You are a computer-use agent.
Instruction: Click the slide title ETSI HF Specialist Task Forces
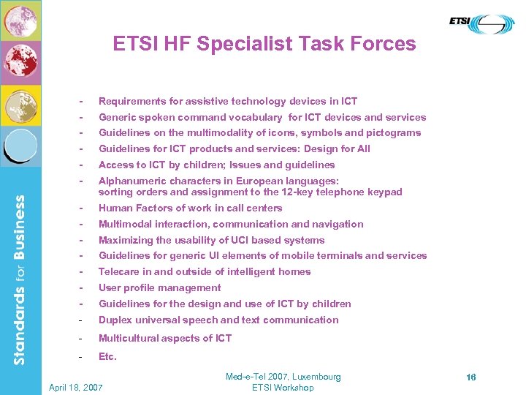[264, 45]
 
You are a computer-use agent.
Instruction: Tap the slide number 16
[471, 377]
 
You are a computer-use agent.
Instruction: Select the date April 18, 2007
[75, 387]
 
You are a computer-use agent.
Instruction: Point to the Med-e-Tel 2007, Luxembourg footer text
[283, 377]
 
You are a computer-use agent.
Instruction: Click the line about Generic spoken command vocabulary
[262, 117]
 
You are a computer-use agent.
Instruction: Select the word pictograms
[395, 133]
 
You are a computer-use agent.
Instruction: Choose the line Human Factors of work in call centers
[190, 208]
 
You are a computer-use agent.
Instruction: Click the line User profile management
[159, 288]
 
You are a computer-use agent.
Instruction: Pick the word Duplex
[114, 320]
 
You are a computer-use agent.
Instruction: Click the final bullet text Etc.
[107, 357]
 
